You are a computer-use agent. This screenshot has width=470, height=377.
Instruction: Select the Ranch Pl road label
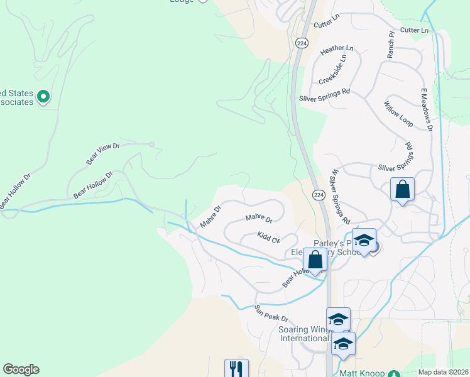pos(390,45)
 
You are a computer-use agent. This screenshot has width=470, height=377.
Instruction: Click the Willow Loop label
pos(397,114)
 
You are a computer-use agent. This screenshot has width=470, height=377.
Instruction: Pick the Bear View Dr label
pos(103,154)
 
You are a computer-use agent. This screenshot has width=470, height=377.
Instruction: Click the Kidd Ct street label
pos(268,237)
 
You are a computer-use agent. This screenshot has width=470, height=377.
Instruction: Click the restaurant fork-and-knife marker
pos(236,369)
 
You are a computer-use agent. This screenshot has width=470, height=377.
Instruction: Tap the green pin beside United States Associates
pos(43,97)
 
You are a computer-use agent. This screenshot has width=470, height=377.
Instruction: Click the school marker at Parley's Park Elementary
pos(364,241)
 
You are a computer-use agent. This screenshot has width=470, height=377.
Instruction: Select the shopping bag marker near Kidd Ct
pos(315,258)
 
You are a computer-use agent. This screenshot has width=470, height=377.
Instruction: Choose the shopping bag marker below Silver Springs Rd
pos(402,189)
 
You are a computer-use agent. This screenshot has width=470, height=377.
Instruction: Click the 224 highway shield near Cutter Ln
pos(302,43)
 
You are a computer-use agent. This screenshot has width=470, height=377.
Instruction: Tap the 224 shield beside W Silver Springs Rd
pos(319,195)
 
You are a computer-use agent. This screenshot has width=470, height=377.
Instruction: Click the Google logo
pos(21,369)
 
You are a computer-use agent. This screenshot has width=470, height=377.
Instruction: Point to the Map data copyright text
pos(444,372)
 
